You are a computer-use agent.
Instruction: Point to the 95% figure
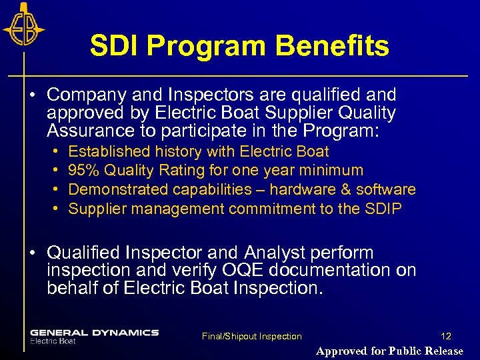click(80, 171)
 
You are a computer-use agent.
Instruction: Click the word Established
click(110, 151)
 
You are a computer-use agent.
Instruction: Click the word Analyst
click(275, 253)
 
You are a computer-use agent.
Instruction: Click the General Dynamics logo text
click(94, 333)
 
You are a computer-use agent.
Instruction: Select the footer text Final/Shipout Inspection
click(251, 337)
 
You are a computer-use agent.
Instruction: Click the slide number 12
click(446, 337)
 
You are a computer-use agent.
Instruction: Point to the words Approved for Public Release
click(389, 351)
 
